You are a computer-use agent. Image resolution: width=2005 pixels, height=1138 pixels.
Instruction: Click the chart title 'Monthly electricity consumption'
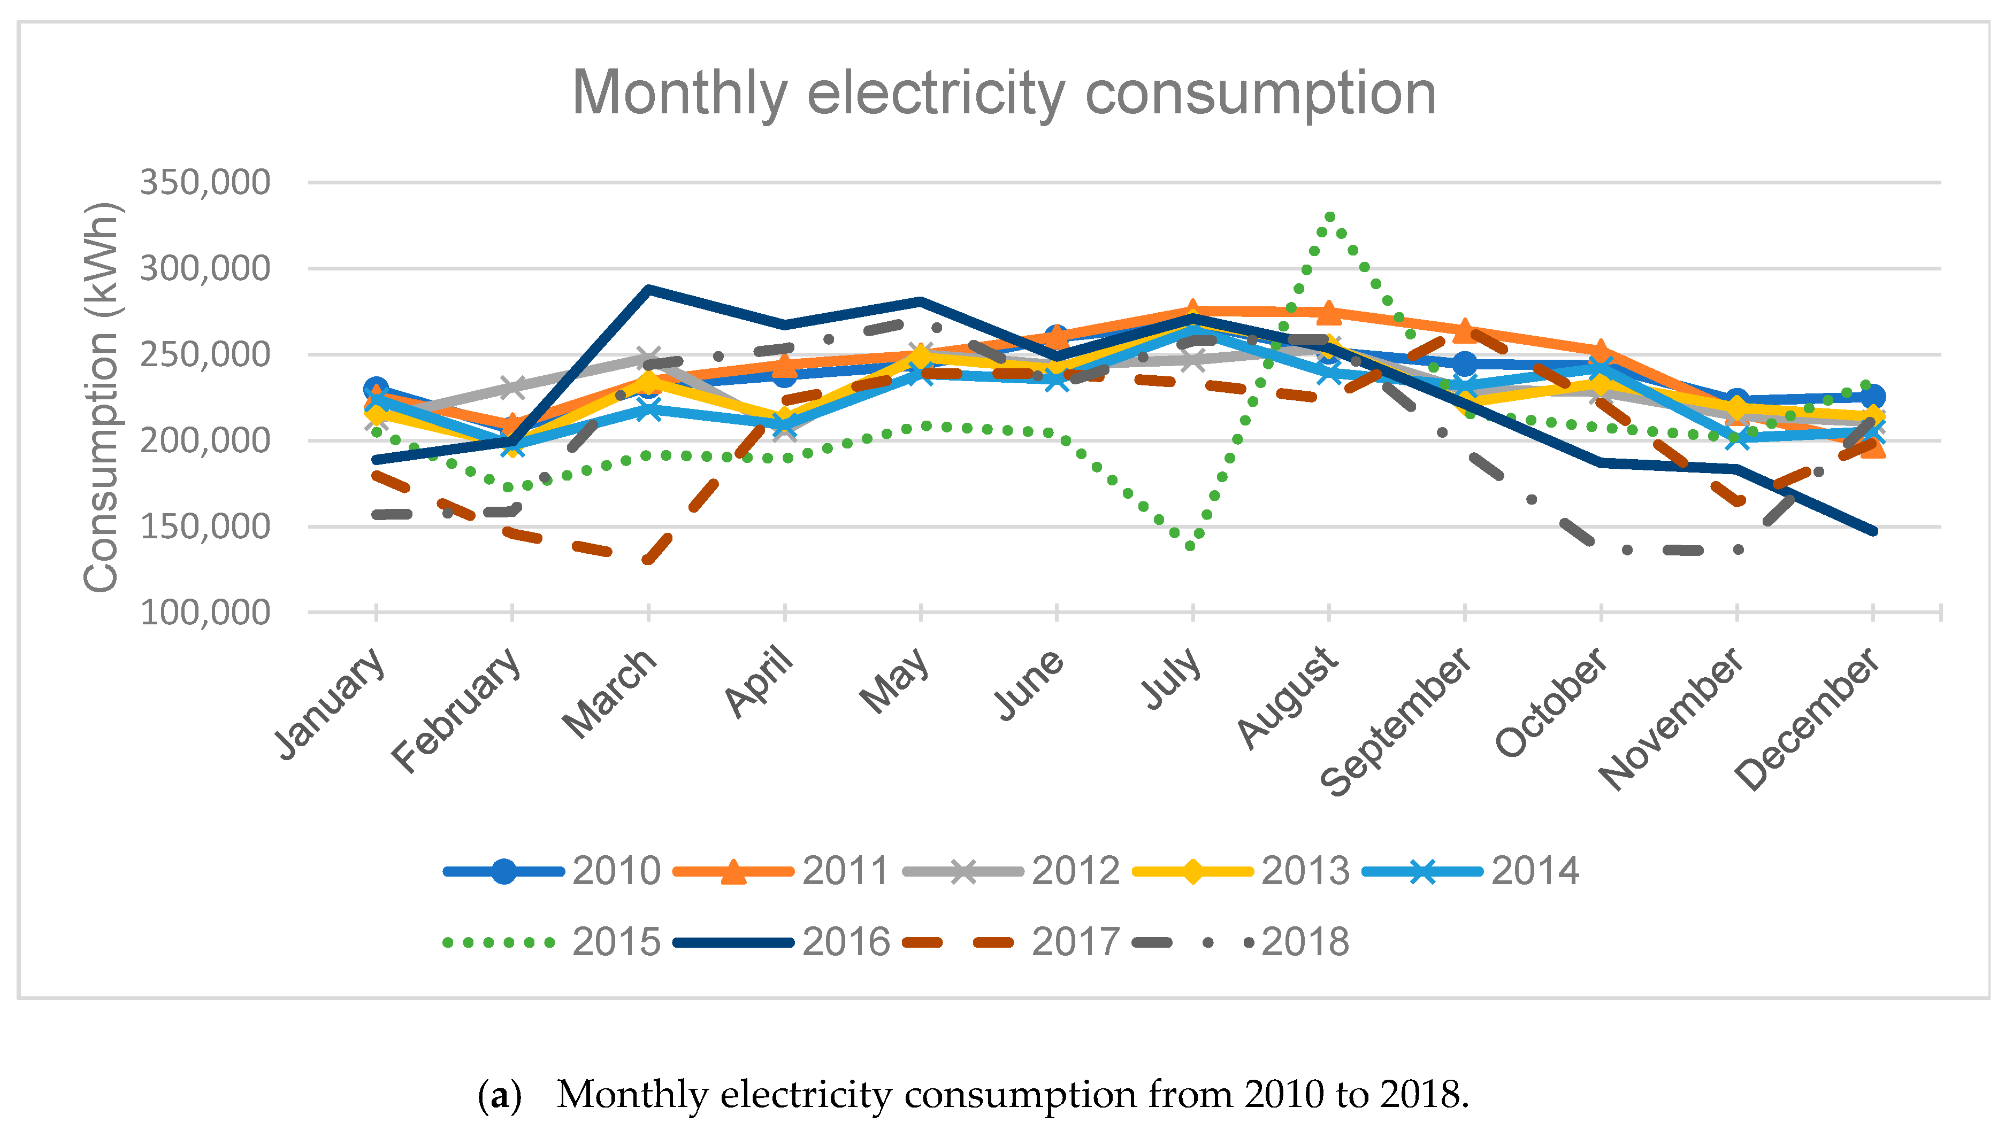click(x=1003, y=94)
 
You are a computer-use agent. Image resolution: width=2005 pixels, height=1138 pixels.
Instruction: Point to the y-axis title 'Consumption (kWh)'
click(x=102, y=397)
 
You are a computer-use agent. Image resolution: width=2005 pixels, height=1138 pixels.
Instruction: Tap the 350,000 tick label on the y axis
click(x=205, y=183)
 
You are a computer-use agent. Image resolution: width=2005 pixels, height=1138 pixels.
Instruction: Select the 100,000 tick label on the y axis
click(x=205, y=613)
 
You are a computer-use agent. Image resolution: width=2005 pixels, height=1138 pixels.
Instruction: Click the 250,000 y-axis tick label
click(x=205, y=355)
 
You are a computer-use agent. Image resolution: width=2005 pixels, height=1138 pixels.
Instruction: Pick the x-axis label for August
click(x=1287, y=697)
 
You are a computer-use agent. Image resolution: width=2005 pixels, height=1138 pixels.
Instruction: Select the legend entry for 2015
click(x=552, y=942)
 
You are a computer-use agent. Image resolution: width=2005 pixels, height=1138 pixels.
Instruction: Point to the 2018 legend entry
click(x=1241, y=942)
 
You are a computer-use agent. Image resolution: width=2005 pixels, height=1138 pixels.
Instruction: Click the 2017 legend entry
click(x=1011, y=942)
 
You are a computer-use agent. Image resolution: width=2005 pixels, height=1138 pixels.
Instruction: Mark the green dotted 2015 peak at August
click(x=1329, y=216)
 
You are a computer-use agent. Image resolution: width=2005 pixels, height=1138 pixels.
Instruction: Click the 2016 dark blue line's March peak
click(x=648, y=289)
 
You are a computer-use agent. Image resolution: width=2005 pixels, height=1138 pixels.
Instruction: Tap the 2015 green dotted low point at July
click(x=1191, y=546)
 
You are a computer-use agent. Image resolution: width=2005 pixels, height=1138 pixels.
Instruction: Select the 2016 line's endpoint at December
click(x=1873, y=531)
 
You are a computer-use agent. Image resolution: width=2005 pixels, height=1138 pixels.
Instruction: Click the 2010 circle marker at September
click(x=1465, y=363)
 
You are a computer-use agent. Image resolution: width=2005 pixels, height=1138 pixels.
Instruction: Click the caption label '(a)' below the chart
click(x=499, y=1095)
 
